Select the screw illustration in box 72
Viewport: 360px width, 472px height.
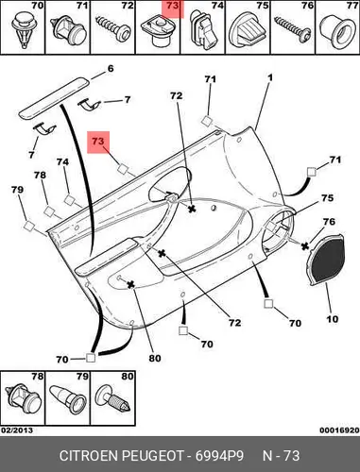[x=112, y=27]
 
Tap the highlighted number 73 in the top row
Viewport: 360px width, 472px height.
[x=173, y=6]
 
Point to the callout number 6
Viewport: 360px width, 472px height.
[x=111, y=69]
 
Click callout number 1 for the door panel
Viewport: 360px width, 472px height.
[x=270, y=77]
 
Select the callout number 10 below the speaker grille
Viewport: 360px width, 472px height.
[x=332, y=319]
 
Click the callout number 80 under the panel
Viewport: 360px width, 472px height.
[x=155, y=358]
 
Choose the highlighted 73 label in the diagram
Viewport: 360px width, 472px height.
[x=97, y=141]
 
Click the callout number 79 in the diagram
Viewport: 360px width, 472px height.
[x=17, y=190]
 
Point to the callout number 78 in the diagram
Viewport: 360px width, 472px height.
[x=40, y=175]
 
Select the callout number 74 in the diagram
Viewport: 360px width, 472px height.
[x=62, y=161]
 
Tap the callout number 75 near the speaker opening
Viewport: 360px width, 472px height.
[x=327, y=198]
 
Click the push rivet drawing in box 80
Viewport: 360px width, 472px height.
[x=112, y=400]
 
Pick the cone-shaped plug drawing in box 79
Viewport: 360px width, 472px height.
[x=68, y=399]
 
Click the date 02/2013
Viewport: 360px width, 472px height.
[x=17, y=430]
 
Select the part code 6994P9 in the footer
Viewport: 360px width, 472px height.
[x=219, y=456]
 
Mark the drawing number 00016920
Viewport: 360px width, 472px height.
[x=339, y=430]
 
